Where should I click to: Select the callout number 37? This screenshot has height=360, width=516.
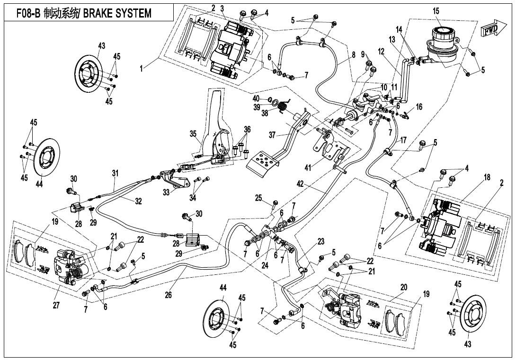[272, 135]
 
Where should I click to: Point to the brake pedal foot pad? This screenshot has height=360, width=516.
[261, 164]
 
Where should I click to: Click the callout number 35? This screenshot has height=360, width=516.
[193, 134]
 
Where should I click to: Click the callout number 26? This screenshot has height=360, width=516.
[168, 295]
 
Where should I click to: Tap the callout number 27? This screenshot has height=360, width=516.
[56, 306]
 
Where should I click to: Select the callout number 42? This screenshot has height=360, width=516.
[300, 184]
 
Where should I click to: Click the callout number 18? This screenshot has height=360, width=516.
[487, 177]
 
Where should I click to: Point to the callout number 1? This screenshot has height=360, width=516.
[141, 69]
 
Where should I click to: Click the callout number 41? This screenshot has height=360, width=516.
[308, 168]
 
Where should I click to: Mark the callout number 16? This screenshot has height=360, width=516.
[418, 107]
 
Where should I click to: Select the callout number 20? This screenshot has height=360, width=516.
[403, 287]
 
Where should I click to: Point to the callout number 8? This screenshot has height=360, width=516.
[354, 55]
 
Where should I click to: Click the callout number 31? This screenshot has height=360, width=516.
[115, 173]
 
